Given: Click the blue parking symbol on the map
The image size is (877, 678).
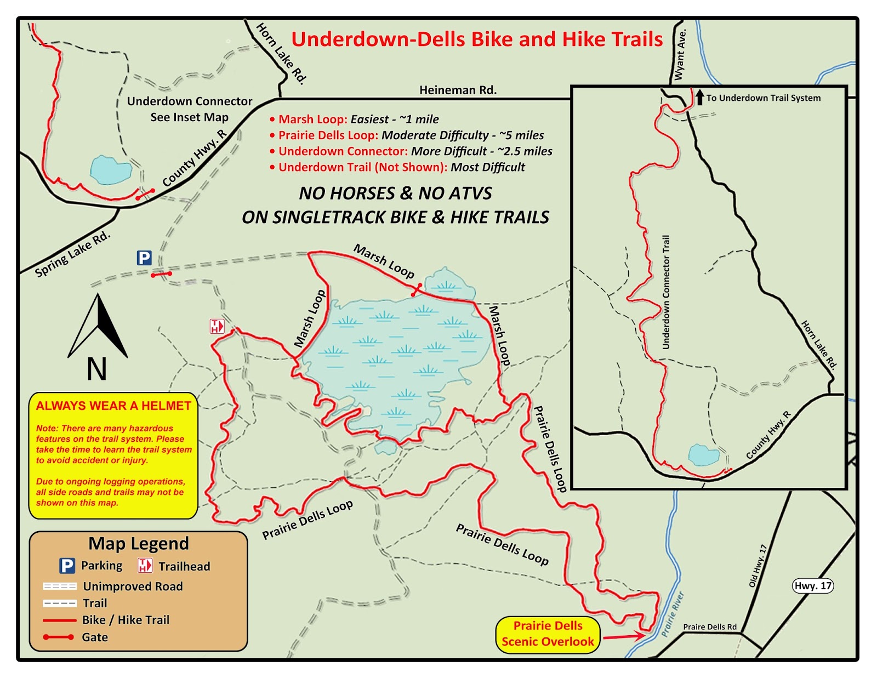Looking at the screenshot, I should [144, 258].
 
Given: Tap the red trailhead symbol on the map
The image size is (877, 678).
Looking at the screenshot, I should [217, 327].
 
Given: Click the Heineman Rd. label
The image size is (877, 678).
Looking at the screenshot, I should [458, 90].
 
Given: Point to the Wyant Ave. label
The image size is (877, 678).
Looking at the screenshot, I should [680, 55].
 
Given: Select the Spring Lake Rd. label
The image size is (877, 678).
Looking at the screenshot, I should [72, 254].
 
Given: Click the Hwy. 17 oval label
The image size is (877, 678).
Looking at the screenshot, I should [813, 586].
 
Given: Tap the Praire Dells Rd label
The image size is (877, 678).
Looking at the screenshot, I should [710, 627].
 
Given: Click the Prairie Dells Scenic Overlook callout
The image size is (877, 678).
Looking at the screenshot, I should [548, 634].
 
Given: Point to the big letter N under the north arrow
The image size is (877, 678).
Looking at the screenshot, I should [97, 369].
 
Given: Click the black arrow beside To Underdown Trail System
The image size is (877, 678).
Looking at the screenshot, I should [699, 98].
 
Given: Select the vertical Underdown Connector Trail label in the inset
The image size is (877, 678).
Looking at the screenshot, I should [666, 292].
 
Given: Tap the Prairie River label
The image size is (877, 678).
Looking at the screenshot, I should [673, 614].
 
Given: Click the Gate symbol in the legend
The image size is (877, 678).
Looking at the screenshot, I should [59, 637].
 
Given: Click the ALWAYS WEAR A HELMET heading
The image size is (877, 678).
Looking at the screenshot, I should [113, 406].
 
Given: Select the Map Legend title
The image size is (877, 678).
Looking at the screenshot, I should [138, 544].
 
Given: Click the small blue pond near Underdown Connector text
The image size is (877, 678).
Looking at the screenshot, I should [111, 170].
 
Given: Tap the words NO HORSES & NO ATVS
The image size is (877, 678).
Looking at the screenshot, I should [395, 193].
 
